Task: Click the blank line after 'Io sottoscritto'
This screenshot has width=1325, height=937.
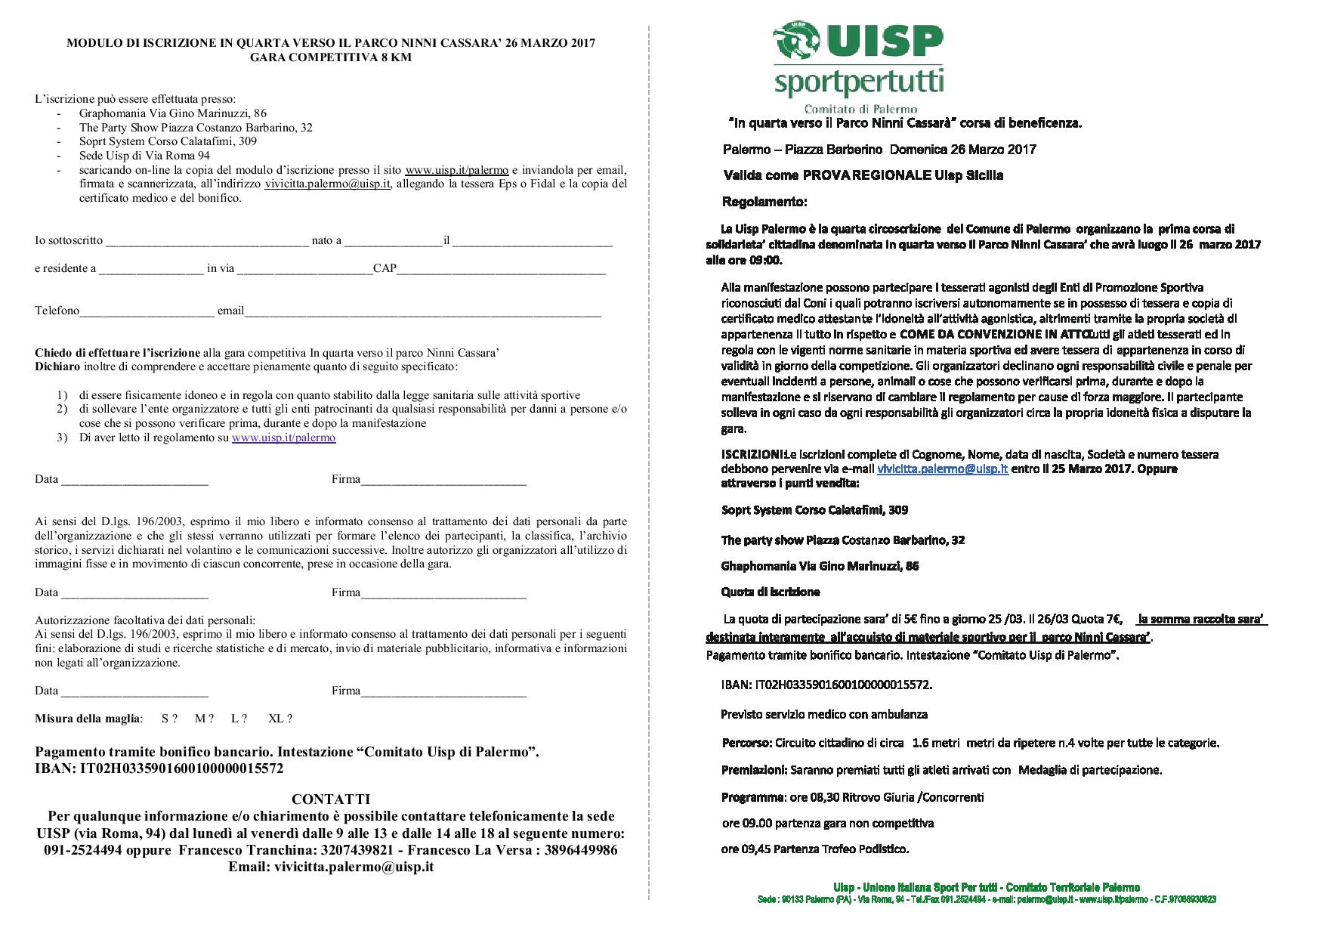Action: tap(207, 242)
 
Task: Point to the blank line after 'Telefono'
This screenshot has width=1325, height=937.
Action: tap(147, 311)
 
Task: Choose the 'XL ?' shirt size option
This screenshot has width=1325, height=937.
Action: tap(280, 719)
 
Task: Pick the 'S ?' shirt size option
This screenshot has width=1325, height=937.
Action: tap(169, 719)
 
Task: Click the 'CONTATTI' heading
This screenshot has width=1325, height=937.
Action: tap(330, 799)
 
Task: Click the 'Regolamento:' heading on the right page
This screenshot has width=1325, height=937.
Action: tap(764, 203)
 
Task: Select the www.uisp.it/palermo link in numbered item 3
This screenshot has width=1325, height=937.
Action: tap(283, 438)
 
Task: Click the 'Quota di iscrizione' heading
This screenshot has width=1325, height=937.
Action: tap(770, 592)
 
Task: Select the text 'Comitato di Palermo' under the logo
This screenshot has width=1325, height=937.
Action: tap(860, 110)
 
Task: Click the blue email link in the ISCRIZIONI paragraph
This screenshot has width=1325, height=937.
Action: tap(942, 468)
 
